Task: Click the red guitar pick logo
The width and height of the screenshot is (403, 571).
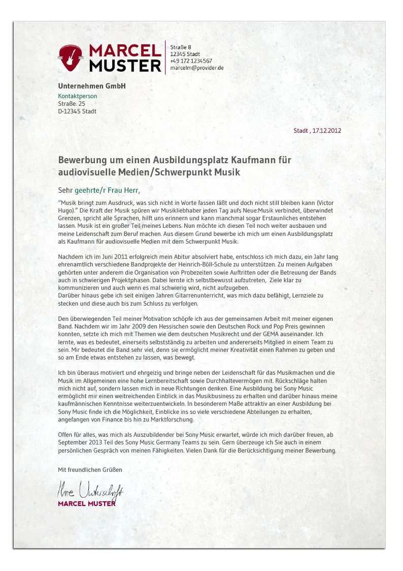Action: click(70, 57)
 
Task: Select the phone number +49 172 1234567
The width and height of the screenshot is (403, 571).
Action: click(191, 61)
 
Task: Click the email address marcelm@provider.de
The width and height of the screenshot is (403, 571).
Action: click(197, 68)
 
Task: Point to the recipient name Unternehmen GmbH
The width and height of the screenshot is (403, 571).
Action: click(91, 86)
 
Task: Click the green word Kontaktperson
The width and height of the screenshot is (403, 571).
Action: click(77, 96)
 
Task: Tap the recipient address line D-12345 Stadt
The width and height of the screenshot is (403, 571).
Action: click(77, 111)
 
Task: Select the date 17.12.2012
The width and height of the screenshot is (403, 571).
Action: click(327, 131)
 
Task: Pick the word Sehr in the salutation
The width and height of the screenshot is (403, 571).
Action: click(65, 191)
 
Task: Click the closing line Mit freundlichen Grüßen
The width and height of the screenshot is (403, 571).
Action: click(90, 470)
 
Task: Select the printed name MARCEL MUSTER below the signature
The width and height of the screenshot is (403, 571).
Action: click(86, 504)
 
